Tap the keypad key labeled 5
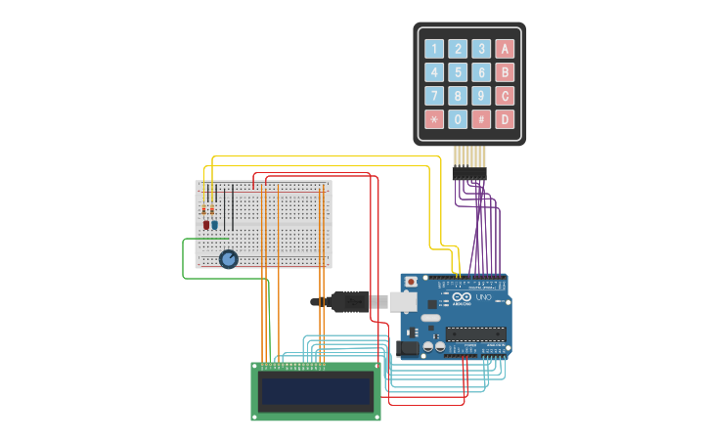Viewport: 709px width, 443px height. [x=458, y=72]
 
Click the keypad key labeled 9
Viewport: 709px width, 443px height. [x=481, y=96]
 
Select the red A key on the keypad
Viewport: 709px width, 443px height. [x=505, y=49]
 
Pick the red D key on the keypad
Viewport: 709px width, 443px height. [x=505, y=119]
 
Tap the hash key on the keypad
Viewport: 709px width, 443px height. [x=481, y=119]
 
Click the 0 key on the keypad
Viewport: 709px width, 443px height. [x=458, y=119]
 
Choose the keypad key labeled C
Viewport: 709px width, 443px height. [x=505, y=96]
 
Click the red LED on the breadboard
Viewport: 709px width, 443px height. [x=206, y=224]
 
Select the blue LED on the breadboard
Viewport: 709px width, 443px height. [x=215, y=224]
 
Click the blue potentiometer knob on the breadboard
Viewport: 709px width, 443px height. [x=229, y=259]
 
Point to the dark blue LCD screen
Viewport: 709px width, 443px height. [x=316, y=392]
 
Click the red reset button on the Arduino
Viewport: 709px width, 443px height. [x=411, y=282]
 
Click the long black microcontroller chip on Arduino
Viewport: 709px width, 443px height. [x=476, y=334]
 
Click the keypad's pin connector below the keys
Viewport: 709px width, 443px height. [x=469, y=173]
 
